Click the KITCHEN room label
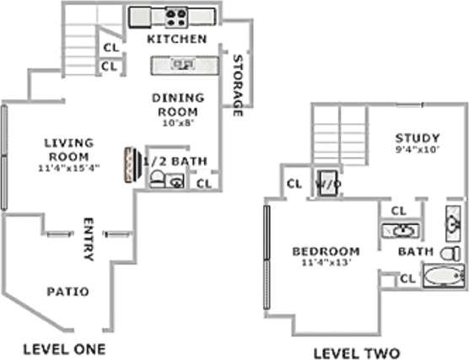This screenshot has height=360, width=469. pyautogui.click(x=176, y=40)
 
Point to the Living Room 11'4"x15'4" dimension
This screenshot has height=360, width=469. pyautogui.click(x=70, y=167)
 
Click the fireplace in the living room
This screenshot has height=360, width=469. pyautogui.click(x=131, y=164)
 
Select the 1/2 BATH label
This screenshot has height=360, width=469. pyautogui.click(x=175, y=161)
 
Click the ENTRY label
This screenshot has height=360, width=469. pyautogui.click(x=89, y=239)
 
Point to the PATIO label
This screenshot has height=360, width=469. pyautogui.click(x=67, y=293)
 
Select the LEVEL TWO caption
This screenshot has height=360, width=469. pyautogui.click(x=356, y=353)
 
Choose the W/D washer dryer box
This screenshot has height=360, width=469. pyautogui.click(x=327, y=185)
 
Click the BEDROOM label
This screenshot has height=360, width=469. pyautogui.click(x=326, y=251)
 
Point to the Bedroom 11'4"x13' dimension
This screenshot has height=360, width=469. pyautogui.click(x=326, y=262)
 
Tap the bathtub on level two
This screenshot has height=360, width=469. pyautogui.click(x=444, y=277)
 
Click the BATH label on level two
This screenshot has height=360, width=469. pyautogui.click(x=415, y=251)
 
